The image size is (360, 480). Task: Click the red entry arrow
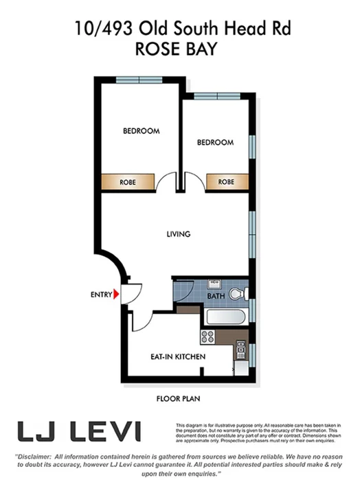[x=117, y=294]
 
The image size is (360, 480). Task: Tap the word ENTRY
[x=101, y=295]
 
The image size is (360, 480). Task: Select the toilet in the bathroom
[x=236, y=294]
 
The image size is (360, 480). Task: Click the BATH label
[x=216, y=296]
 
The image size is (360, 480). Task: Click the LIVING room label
[x=178, y=234]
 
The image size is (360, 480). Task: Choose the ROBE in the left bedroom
[x=127, y=183]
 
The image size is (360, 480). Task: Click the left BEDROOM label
[x=142, y=130]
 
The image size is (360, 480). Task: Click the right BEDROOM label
[x=215, y=142]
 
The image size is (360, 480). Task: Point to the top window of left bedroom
[x=138, y=80]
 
